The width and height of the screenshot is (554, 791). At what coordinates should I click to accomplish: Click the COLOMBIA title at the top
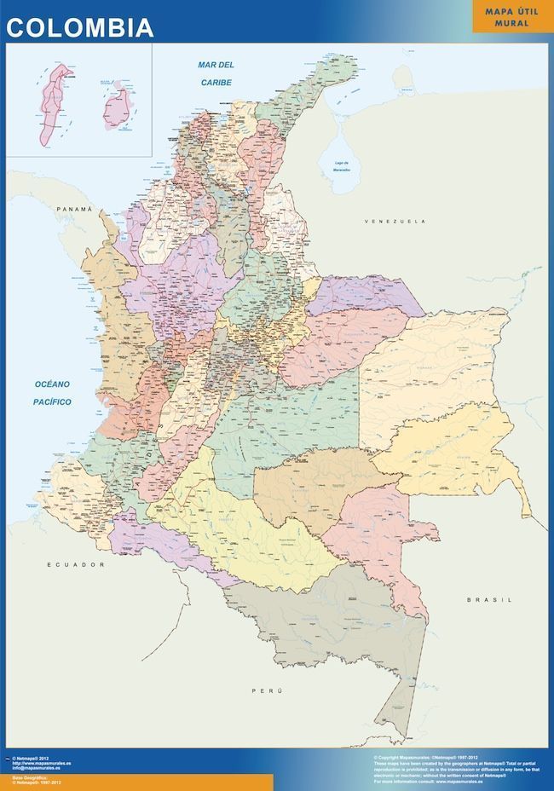[x=80, y=27]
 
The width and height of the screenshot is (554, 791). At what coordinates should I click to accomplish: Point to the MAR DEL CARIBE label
[x=216, y=73]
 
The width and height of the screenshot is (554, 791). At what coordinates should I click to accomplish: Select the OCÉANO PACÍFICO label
[x=52, y=393]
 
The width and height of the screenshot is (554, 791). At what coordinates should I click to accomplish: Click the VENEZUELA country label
[x=395, y=222]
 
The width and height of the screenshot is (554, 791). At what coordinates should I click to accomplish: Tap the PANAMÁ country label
[x=74, y=209]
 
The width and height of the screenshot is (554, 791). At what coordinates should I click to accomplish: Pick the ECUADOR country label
[x=75, y=565]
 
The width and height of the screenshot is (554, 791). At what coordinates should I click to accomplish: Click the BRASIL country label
[x=490, y=600]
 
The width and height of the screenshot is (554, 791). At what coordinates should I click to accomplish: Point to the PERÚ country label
[x=267, y=690]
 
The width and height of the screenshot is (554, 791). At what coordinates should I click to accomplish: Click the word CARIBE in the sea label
[x=216, y=83]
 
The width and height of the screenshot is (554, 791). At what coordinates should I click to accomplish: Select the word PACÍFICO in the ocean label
[x=52, y=402]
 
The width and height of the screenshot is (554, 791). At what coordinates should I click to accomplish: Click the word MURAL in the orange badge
[x=512, y=23]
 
